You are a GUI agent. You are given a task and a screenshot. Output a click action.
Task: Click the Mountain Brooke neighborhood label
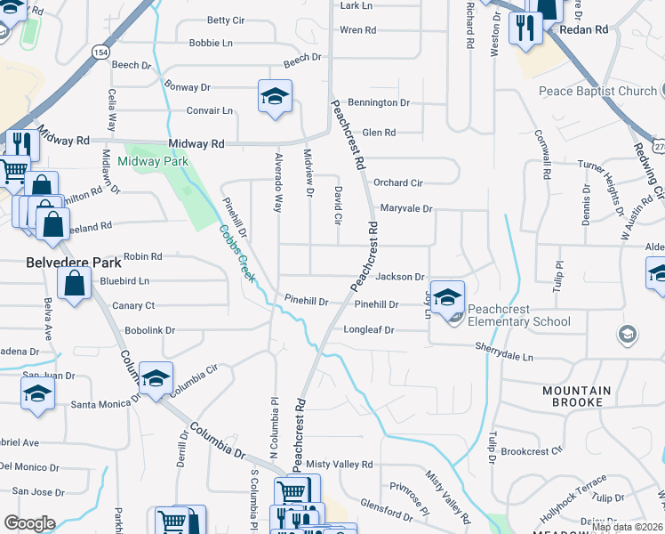pos(577,397)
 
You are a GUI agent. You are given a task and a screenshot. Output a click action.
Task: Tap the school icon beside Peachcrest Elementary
pos(449,297)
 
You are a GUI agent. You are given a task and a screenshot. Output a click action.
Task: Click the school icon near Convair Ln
pos(276,95)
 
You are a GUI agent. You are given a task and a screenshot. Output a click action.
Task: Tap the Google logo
pos(29,523)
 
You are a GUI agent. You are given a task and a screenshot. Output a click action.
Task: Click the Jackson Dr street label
pos(400,278)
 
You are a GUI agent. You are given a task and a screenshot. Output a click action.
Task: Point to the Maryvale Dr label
pos(405,209)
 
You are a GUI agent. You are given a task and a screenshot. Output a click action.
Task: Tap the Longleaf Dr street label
pos(368,330)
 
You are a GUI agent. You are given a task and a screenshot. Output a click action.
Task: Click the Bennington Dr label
pos(379,103)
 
